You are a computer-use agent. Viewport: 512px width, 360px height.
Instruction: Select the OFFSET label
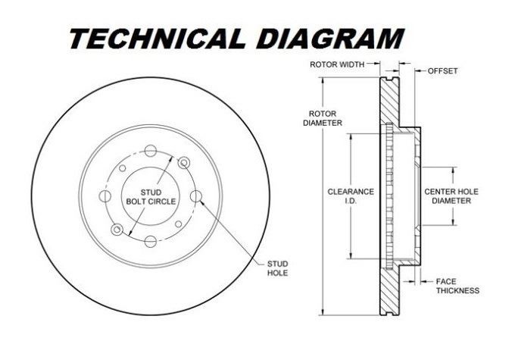click(x=443, y=70)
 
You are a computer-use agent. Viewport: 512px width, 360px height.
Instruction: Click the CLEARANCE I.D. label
click(x=351, y=196)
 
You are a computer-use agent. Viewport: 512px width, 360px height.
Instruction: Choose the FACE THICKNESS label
click(x=457, y=285)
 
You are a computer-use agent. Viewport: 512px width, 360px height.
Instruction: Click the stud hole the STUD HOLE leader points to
click(x=198, y=197)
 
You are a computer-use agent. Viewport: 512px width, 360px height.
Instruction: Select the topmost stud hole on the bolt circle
click(x=150, y=149)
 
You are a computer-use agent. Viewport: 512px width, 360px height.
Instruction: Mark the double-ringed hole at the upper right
click(x=183, y=161)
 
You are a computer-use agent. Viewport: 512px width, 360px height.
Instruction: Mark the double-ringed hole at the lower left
click(x=117, y=229)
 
